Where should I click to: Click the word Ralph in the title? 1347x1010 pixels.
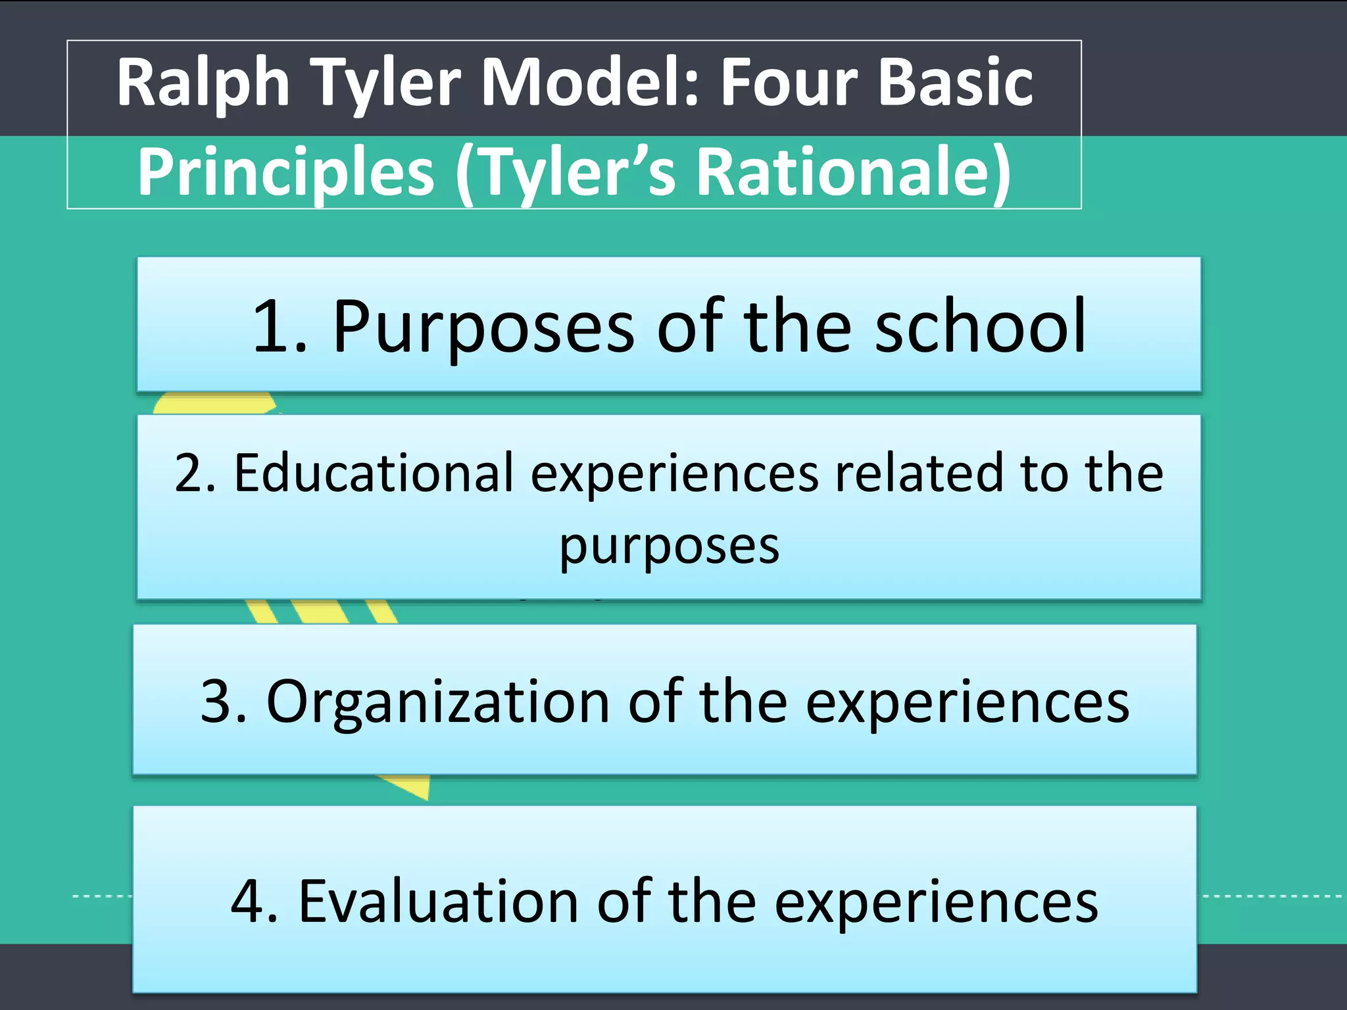[203, 84]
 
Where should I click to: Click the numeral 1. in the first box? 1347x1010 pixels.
[280, 327]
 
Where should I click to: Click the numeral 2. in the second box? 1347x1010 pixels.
[195, 473]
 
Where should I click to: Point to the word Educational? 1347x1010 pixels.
[374, 473]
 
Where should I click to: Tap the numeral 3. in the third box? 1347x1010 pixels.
[224, 702]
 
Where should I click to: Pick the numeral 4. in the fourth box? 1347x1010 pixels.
[254, 902]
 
